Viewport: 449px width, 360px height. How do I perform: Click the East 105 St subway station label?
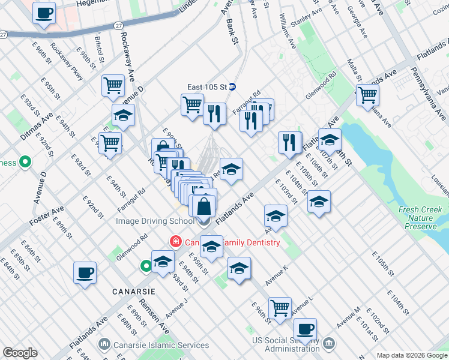coord(206,86)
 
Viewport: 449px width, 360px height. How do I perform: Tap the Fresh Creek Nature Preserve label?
coord(420,218)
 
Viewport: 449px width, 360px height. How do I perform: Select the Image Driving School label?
coord(155,221)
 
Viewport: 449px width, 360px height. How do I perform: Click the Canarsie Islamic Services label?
coord(161,345)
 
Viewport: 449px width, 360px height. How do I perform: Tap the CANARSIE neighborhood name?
coord(133,291)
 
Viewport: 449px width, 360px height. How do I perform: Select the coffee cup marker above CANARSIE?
coord(85,272)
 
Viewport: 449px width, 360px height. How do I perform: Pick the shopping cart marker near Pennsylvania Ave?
coord(367,95)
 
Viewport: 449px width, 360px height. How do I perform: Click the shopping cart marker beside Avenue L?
coord(280,308)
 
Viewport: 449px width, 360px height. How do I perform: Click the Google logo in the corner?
coord(20,353)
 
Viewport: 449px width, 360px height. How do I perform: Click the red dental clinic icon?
coord(176,242)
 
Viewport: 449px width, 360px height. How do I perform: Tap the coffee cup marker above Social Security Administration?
coord(305,329)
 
